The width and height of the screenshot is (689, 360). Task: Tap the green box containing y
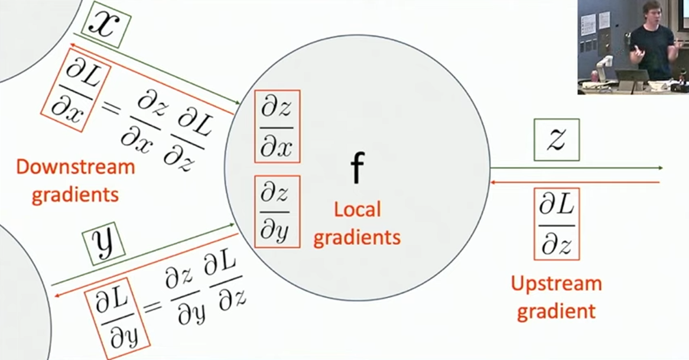(104, 244)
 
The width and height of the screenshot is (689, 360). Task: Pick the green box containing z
(556, 140)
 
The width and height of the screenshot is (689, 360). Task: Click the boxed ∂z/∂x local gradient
(277, 127)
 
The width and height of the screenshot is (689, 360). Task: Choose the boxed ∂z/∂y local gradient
(277, 212)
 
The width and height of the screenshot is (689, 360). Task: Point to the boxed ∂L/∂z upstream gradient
(557, 224)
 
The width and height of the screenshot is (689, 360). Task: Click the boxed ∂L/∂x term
(76, 90)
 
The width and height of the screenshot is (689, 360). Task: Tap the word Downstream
(76, 167)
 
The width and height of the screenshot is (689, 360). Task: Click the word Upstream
(556, 284)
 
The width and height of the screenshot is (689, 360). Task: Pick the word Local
(357, 210)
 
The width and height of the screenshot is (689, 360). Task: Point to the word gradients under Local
(357, 238)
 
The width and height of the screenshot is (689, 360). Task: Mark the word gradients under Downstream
(75, 195)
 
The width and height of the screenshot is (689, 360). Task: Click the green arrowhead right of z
(659, 168)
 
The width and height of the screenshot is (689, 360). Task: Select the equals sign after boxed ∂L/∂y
(152, 304)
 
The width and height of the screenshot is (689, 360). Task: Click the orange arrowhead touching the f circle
(493, 182)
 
